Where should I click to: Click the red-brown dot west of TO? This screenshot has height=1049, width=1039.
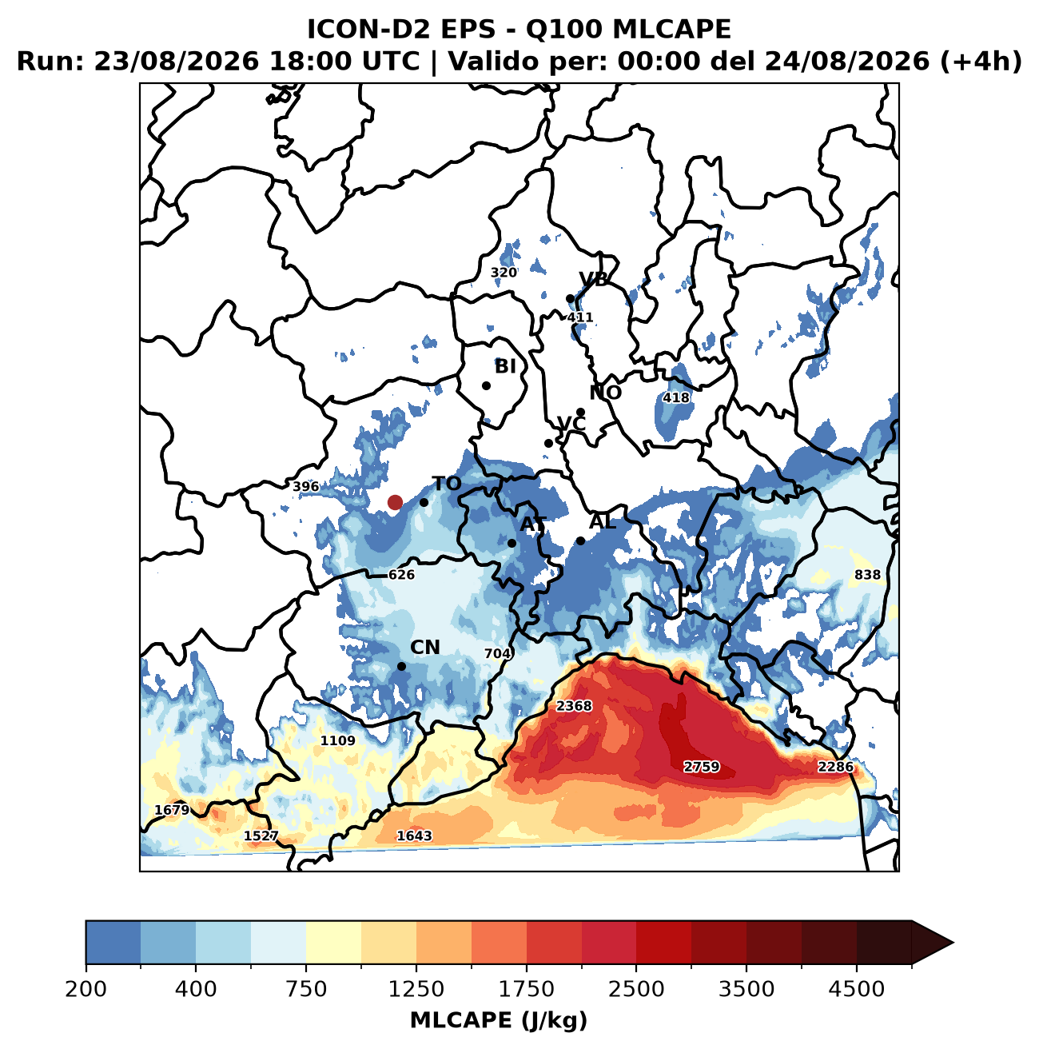(395, 502)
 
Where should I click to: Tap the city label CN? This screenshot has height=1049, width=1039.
(424, 648)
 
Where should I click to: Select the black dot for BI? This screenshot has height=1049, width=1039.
(487, 385)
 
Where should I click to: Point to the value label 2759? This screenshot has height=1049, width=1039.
(702, 767)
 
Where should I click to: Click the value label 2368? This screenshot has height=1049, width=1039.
(574, 705)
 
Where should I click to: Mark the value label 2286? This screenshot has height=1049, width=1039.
(835, 767)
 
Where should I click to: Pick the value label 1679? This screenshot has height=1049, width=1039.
(172, 809)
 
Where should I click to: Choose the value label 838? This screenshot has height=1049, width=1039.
(867, 574)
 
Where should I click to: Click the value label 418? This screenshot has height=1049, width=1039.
(676, 397)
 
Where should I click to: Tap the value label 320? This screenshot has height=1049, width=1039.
(504, 272)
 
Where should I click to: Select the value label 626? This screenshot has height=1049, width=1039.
(402, 574)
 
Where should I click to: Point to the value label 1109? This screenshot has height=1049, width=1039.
(338, 740)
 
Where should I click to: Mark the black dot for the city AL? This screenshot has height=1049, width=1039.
(581, 540)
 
